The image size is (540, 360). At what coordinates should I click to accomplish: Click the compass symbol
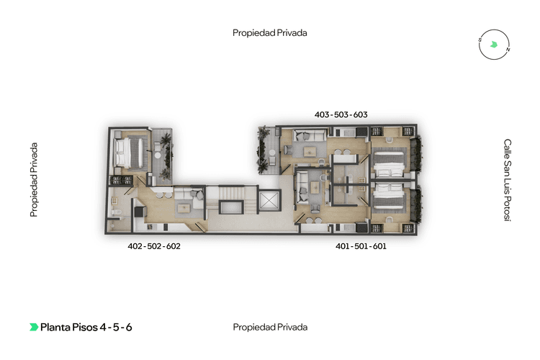click(x=494, y=45)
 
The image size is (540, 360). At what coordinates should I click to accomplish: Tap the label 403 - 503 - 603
click(x=341, y=114)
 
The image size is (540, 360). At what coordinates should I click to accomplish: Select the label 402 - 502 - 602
click(x=154, y=246)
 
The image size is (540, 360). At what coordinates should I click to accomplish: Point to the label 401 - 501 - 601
click(x=361, y=246)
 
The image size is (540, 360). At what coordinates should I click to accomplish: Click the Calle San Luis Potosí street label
click(x=508, y=180)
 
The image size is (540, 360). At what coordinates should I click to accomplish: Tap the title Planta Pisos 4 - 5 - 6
click(x=86, y=328)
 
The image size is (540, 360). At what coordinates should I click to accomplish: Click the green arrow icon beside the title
click(x=34, y=327)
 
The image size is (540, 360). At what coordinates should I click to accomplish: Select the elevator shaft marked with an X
click(x=269, y=201)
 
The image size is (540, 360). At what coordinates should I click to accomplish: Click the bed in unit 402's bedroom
click(x=128, y=153)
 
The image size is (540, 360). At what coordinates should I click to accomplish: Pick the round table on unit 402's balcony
click(x=158, y=156)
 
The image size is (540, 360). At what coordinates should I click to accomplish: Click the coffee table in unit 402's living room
click(x=184, y=208)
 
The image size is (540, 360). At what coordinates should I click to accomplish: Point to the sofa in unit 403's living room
click(x=309, y=135)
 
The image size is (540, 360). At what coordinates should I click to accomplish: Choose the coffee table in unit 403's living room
click(x=310, y=151)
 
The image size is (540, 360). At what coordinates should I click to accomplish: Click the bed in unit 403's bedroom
click(x=388, y=162)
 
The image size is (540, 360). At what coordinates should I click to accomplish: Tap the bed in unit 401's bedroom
click(x=388, y=197)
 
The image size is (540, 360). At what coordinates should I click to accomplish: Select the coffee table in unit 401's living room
click(x=315, y=188)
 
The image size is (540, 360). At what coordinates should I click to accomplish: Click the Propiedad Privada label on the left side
click(x=33, y=180)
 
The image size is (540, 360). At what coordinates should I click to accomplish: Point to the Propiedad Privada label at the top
click(x=270, y=33)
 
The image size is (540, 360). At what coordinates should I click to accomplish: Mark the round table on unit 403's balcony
click(x=272, y=152)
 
